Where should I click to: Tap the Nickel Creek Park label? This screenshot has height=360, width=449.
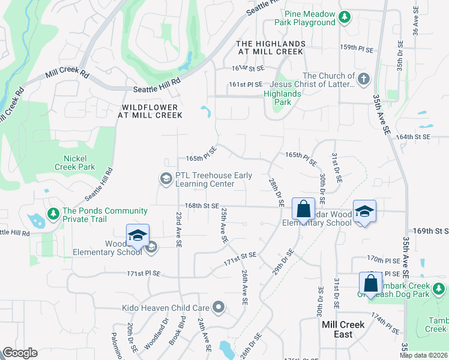click(79, 163)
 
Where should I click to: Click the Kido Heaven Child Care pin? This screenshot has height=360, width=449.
click(218, 308)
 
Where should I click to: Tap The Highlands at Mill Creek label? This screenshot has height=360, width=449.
click(271, 49)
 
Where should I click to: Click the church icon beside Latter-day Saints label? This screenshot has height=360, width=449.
click(363, 79)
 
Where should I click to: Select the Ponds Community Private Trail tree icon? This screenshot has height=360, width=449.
click(54, 213)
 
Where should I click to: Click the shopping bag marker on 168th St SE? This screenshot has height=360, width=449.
click(304, 210)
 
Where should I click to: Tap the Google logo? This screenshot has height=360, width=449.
click(20, 353)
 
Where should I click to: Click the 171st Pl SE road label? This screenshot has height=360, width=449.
click(143, 274)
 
